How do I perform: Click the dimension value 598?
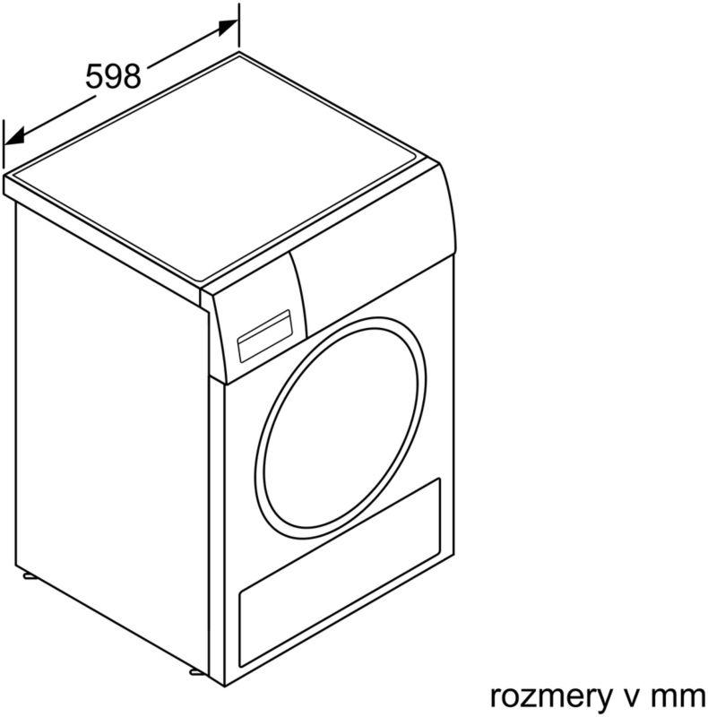pyautogui.click(x=113, y=76)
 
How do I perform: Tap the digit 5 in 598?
pyautogui.click(x=94, y=76)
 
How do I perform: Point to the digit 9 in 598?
pyautogui.click(x=113, y=76)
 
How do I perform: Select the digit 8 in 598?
pyautogui.click(x=132, y=76)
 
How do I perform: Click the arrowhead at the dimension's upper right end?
pyautogui.click(x=228, y=28)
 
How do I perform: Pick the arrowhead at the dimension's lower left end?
pyautogui.click(x=13, y=137)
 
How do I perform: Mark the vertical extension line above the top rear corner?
pyautogui.click(x=238, y=25)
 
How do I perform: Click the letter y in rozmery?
pyautogui.click(x=602, y=701)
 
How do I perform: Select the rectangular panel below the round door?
pyautogui.click(x=340, y=573)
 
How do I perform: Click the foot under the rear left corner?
pyautogui.click(x=30, y=576)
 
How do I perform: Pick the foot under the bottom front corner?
pyautogui.click(x=195, y=672)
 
